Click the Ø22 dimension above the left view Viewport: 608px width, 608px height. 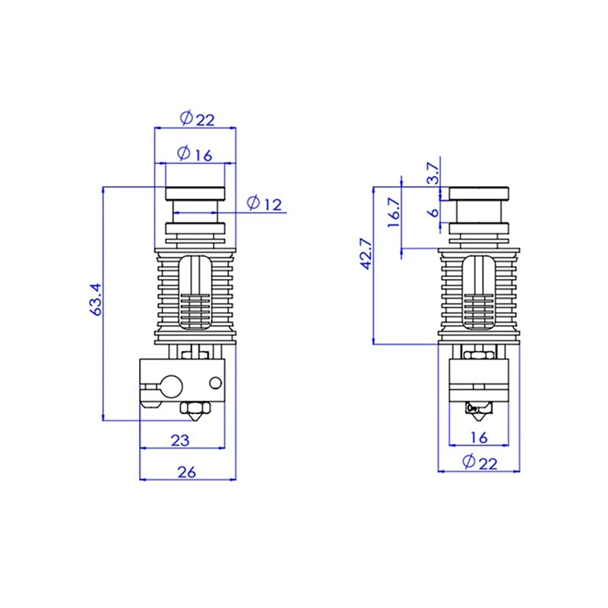[x=196, y=119]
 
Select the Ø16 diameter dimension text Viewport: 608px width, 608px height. [x=195, y=154]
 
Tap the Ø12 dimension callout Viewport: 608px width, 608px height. [x=264, y=204]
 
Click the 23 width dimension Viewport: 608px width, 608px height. [x=180, y=439]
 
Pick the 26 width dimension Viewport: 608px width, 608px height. [x=186, y=472]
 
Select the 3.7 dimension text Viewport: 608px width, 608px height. [x=432, y=173]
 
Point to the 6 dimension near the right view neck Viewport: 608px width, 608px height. [x=432, y=213]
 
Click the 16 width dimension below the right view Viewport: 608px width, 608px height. [x=479, y=436]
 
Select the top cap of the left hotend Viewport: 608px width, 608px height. [x=195, y=193]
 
